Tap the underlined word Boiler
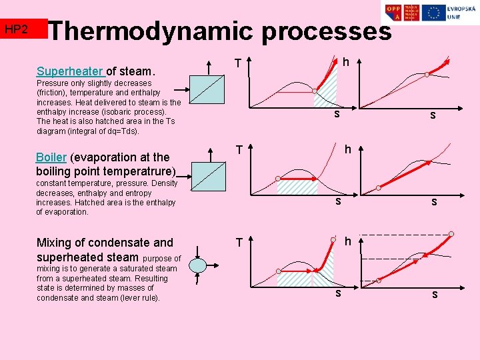[x=51, y=157]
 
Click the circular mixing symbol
[x=198, y=265]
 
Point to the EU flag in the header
[x=433, y=13]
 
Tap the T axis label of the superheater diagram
[x=237, y=63]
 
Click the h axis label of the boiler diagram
[x=347, y=150]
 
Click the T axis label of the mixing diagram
[x=237, y=243]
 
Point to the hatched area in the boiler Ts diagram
[x=297, y=187]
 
